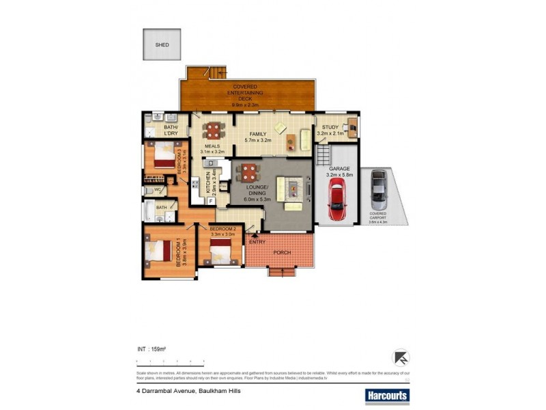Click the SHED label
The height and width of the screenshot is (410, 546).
pos(162,45)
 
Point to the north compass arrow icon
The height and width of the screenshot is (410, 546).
pos(401,357)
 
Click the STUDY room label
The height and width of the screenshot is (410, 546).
pos(330,127)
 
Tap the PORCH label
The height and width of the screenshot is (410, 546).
pos(282,253)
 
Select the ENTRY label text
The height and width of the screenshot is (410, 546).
pos(257,242)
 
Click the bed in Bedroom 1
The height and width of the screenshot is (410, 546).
pos(158,251)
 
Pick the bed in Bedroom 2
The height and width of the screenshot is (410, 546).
pos(222,254)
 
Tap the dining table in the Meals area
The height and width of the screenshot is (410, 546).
pos(214,129)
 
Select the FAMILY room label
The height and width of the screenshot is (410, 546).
pos(258,133)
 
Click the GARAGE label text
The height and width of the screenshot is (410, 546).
pos(339,167)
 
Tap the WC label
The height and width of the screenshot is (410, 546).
pos(158,189)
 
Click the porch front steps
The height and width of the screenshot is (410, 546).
pos(282,272)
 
